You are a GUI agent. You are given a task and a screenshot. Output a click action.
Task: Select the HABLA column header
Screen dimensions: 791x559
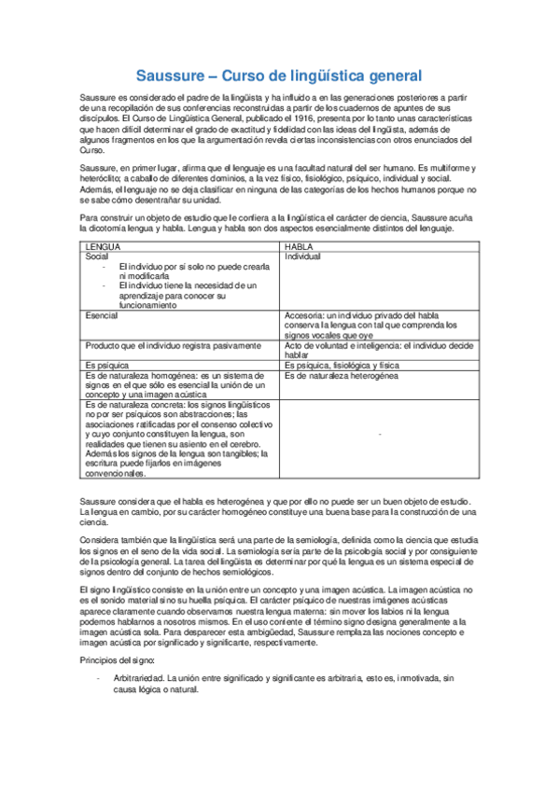pos(299,246)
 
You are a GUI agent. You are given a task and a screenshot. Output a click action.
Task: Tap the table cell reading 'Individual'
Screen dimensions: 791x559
pos(302,256)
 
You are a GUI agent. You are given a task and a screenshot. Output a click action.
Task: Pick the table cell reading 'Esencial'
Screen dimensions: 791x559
pos(102,316)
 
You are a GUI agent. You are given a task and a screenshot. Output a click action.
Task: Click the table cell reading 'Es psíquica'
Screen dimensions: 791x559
pos(105,365)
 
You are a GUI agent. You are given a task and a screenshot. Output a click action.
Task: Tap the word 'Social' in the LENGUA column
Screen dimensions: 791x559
pos(97,256)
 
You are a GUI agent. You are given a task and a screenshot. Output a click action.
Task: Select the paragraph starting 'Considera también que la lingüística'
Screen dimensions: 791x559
pos(279,556)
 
